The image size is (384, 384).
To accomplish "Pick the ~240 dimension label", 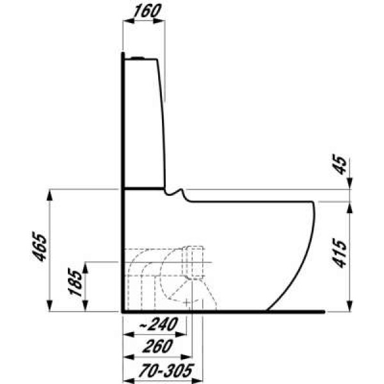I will (156, 325).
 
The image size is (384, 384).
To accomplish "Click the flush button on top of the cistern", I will (140, 58).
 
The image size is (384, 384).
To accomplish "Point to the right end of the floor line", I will (324, 312).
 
